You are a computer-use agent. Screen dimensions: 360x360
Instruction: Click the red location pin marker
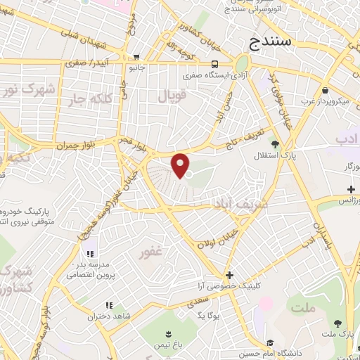[181, 165]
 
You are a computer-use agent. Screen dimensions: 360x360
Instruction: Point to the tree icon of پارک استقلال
[275, 144]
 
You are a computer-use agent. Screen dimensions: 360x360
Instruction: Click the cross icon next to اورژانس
[352, 189]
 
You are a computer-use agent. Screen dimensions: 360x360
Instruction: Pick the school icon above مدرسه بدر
[90, 254]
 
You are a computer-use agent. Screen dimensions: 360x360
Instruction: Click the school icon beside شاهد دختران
[108, 305]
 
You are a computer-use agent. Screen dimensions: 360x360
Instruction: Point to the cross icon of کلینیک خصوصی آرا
[229, 274]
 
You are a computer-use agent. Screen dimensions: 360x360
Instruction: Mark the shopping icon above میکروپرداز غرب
[325, 91]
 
